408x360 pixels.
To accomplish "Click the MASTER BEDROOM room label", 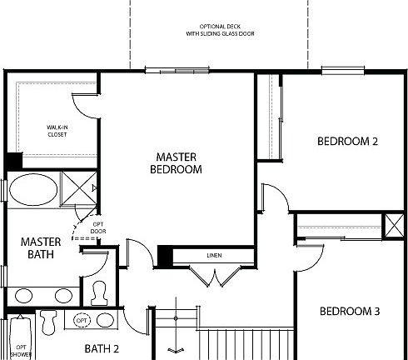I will (x=177, y=162).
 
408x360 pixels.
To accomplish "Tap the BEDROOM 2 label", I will (x=347, y=141).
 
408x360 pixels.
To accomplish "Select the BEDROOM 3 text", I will (x=350, y=312).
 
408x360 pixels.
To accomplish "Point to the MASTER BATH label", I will (x=37, y=247).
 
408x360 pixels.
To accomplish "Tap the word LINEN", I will (x=212, y=255).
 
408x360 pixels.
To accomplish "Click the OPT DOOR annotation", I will (x=98, y=227).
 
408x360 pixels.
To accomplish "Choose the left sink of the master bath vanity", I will (x=25, y=295).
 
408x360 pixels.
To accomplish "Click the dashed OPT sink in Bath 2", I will (x=82, y=321).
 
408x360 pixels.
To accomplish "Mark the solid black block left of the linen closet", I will (x=165, y=256).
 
